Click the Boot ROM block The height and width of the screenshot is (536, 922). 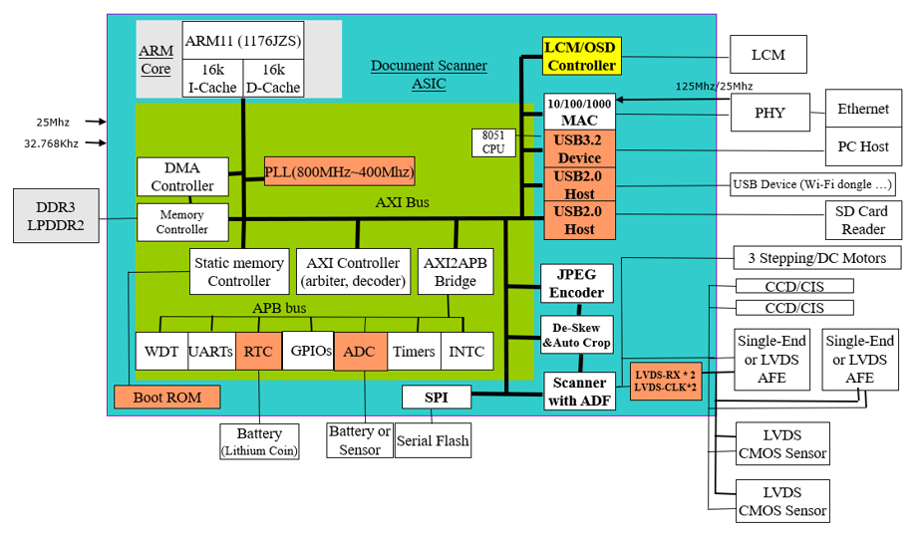point(167,397)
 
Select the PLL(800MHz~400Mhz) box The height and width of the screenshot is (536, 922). point(339,171)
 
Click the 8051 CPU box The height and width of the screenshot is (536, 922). point(493,142)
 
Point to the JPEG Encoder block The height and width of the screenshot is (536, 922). point(577,283)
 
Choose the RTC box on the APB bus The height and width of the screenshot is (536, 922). point(258,352)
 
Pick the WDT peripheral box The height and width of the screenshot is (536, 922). point(161,352)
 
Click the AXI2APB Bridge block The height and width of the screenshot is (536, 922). point(456,272)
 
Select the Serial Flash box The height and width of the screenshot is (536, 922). point(433,440)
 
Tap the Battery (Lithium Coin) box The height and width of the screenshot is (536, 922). point(259,442)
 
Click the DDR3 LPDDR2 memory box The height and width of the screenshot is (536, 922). point(56,215)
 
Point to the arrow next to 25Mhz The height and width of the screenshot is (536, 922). point(96,122)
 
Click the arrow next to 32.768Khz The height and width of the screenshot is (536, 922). point(96,142)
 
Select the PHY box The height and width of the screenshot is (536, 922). point(769,113)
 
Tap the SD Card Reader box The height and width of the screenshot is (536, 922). point(863,220)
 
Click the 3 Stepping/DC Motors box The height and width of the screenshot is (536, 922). point(817,258)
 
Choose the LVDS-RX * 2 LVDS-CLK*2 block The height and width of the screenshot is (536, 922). point(666,381)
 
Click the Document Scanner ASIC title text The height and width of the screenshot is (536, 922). point(429,74)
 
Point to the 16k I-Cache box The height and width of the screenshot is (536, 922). point(212,78)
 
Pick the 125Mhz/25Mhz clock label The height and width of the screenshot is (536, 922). point(714,87)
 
